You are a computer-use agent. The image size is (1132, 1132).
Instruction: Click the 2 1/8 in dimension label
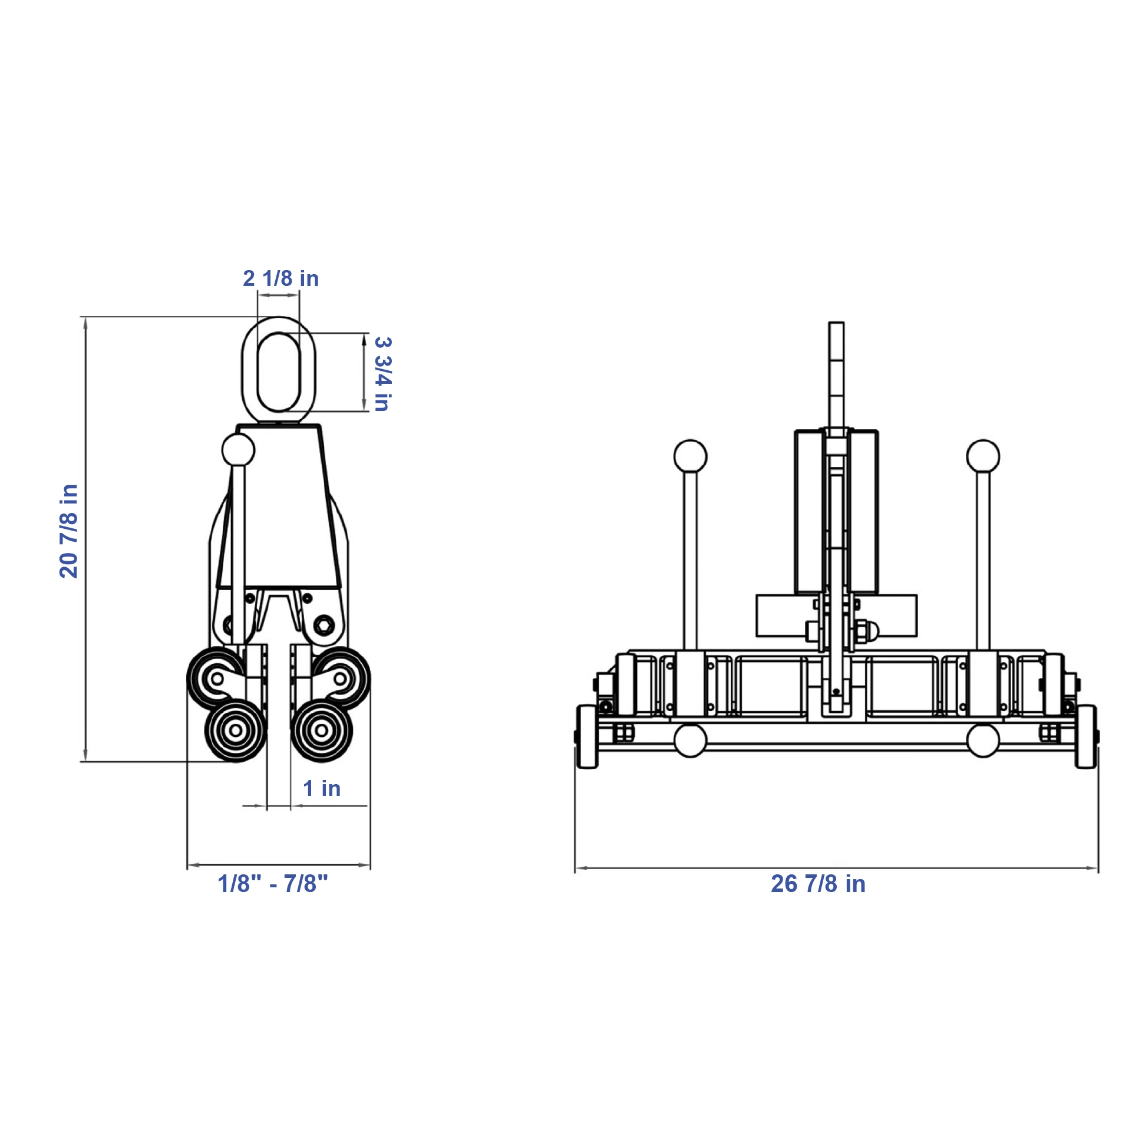(x=280, y=278)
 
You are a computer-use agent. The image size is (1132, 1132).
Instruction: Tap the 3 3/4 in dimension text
(x=382, y=374)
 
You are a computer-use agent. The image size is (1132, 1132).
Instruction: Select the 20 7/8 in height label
(x=69, y=531)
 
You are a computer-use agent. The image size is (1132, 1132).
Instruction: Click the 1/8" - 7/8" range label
(x=273, y=884)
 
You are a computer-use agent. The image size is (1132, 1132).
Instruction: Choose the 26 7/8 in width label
(x=818, y=884)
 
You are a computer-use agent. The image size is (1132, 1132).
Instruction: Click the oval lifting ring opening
(x=279, y=372)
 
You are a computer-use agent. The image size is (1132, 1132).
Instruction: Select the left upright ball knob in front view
(x=690, y=456)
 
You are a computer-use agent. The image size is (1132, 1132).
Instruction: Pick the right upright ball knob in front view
(x=983, y=456)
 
